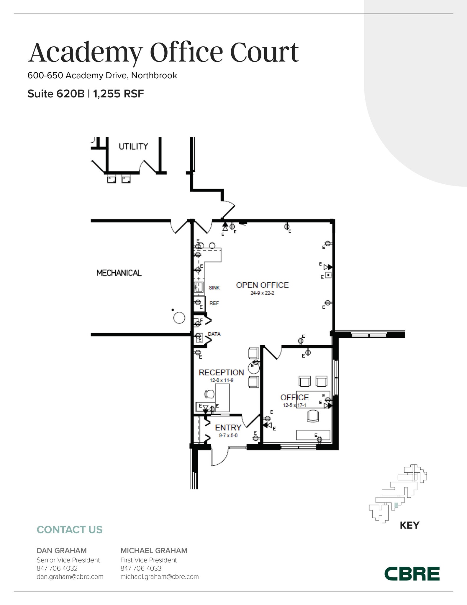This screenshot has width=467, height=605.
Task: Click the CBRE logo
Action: coord(412,574)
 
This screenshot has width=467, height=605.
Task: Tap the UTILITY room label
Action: coord(133,147)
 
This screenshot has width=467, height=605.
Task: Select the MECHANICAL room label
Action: coord(119,273)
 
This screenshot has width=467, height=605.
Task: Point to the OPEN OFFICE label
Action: coord(262,285)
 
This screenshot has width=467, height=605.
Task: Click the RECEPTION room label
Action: coord(221,373)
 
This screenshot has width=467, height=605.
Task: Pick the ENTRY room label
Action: coord(228,427)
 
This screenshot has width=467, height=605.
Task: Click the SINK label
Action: coord(214,288)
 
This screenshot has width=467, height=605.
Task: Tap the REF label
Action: coord(214,303)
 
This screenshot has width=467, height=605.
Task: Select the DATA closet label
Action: coord(214,334)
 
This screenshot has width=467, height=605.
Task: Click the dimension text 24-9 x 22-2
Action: coord(262,293)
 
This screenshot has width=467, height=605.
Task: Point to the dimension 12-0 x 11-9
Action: coord(222,380)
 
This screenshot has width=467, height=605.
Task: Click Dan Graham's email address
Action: coord(70,577)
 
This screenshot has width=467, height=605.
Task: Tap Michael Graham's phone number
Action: coord(141,568)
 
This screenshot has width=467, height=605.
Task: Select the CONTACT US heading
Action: coord(69,530)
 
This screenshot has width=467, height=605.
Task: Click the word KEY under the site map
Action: coord(409,525)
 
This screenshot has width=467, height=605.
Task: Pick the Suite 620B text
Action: coord(56,94)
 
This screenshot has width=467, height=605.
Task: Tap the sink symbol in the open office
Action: coord(199,287)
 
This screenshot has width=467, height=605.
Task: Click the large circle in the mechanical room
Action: coord(179,318)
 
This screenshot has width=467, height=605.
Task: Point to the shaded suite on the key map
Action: coord(396,505)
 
